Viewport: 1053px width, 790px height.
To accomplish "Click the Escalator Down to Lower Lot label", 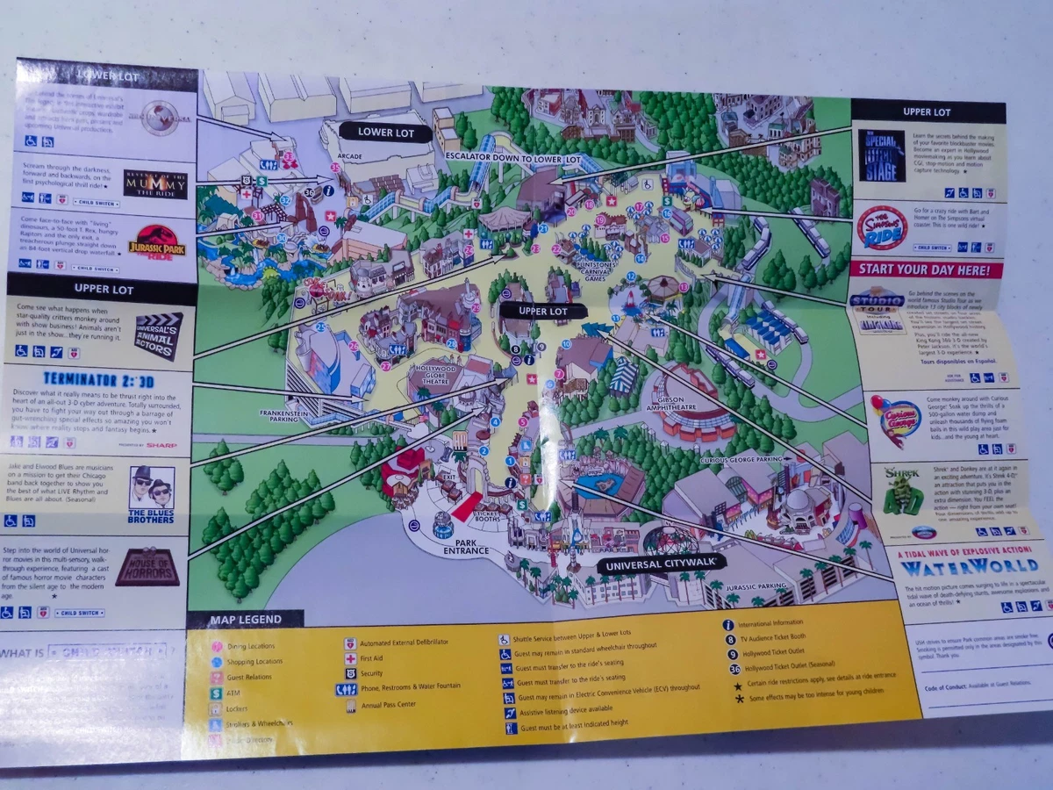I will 512,158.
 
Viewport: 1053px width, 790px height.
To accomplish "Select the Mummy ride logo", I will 155,185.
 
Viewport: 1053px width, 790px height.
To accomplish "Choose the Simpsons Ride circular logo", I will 880,227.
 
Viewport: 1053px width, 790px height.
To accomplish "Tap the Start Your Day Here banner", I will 925,270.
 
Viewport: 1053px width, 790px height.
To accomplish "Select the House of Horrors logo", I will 147,567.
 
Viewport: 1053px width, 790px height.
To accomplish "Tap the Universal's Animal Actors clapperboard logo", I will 160,336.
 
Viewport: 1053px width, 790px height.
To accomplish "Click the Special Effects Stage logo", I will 882,155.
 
